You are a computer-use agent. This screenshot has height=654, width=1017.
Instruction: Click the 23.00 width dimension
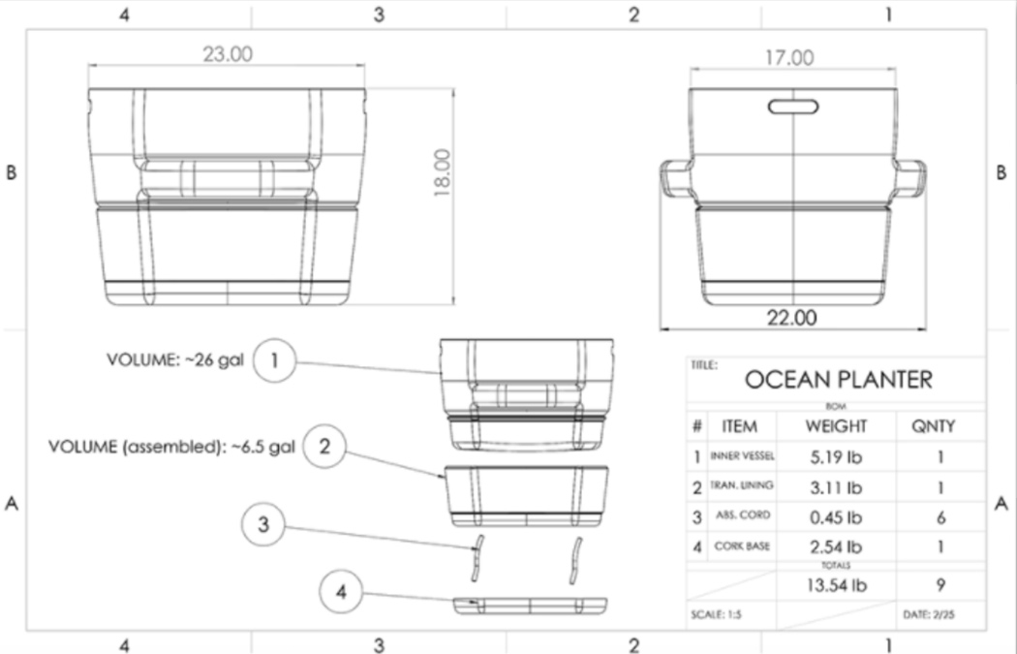(227, 54)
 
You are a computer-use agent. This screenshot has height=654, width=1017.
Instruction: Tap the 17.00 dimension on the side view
(789, 58)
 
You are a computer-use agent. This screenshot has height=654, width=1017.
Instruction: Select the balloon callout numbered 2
(324, 447)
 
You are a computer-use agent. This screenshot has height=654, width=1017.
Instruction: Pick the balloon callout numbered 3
(262, 527)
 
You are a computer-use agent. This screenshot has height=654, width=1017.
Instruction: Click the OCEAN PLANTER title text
(838, 380)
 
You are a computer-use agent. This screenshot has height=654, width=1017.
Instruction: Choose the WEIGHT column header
(836, 426)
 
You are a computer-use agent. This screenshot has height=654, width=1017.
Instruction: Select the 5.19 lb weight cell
(836, 456)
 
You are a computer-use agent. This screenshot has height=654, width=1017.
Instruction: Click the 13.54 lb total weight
(836, 584)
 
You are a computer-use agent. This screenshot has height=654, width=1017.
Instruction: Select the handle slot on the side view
(794, 105)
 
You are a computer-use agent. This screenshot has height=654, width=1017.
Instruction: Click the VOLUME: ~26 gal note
(174, 359)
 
